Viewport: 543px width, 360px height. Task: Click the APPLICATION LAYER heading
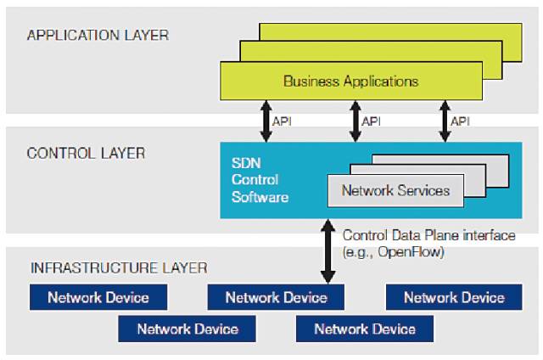click(x=98, y=36)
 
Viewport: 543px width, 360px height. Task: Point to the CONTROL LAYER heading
click(x=86, y=154)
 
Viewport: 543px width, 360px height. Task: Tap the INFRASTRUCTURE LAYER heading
click(x=119, y=268)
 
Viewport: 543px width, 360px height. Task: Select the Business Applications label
click(x=350, y=82)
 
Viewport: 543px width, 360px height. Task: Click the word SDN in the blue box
click(x=244, y=162)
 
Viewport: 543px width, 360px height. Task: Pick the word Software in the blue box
click(x=260, y=198)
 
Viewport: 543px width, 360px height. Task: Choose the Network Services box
click(x=395, y=190)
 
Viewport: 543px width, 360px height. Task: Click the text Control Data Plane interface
click(x=428, y=235)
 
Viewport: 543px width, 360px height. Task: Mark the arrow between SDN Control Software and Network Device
click(x=327, y=251)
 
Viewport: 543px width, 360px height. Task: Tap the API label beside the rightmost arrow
click(x=460, y=121)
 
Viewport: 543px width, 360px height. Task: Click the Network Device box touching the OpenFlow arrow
click(x=276, y=297)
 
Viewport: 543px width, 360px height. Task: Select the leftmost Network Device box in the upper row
click(x=98, y=297)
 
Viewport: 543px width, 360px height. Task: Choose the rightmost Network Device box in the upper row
click(x=454, y=297)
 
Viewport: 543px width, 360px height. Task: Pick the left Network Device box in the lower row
click(x=188, y=329)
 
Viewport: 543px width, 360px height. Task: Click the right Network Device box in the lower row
click(x=365, y=329)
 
